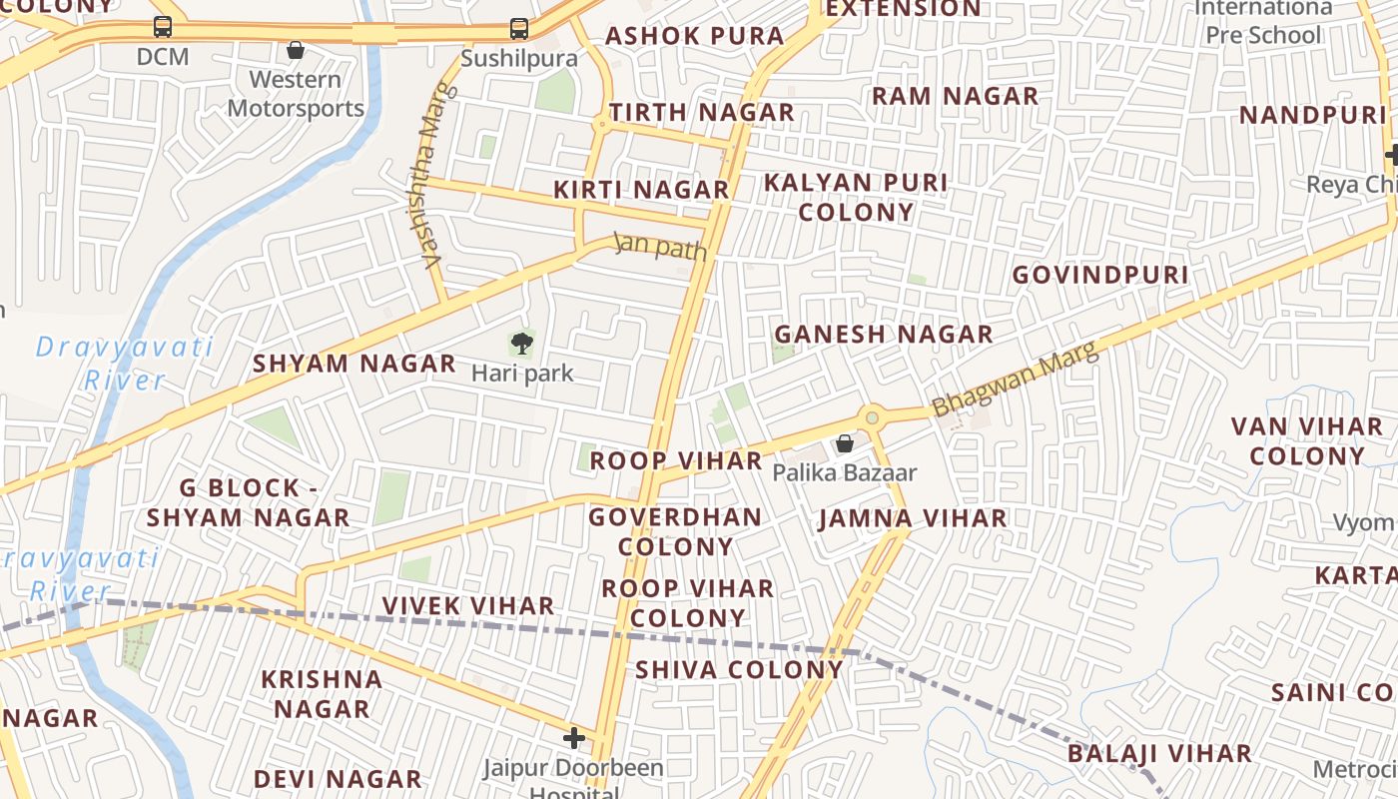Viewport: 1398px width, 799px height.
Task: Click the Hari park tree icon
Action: click(521, 345)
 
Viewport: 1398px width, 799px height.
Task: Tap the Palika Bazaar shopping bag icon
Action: click(845, 443)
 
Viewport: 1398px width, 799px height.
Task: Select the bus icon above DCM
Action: click(163, 27)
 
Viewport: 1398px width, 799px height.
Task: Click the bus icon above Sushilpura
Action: click(518, 28)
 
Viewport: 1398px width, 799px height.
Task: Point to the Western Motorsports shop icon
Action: click(296, 50)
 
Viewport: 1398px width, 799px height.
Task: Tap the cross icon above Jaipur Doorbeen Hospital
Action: click(574, 738)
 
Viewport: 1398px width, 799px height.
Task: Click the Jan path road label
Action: click(660, 246)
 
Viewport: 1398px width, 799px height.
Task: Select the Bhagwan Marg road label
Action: click(1015, 380)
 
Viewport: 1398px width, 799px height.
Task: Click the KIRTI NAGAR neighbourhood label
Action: click(641, 190)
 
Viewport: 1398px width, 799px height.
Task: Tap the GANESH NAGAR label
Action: click(884, 335)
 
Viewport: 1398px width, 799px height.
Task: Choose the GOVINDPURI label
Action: click(1100, 275)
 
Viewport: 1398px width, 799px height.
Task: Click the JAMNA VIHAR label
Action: click(913, 518)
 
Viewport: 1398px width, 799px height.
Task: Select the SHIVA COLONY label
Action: click(739, 669)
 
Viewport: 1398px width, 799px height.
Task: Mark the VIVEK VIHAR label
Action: click(468, 606)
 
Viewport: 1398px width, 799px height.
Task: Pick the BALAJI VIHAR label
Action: click(1159, 753)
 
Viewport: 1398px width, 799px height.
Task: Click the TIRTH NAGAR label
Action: click(701, 113)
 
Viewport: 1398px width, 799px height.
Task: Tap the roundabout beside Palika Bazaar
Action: click(873, 417)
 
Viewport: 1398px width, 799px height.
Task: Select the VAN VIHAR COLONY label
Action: click(1306, 441)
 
